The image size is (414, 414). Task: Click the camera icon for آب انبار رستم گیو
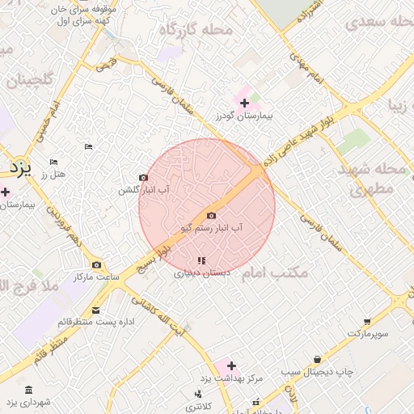[x=212, y=215]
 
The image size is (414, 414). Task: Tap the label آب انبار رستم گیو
[x=212, y=229]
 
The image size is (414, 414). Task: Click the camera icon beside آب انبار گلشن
[x=143, y=178]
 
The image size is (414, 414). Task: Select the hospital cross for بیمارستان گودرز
[x=244, y=103]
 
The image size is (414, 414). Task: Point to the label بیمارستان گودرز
[x=245, y=116]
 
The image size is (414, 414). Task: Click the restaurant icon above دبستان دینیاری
[x=201, y=260]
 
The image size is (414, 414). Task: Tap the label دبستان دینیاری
[x=202, y=273]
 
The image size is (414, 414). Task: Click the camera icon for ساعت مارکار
[x=97, y=264]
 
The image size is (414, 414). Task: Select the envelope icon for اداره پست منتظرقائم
[x=96, y=310]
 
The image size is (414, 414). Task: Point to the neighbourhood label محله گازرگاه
[x=195, y=30]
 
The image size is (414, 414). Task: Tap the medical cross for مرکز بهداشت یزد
[x=231, y=365]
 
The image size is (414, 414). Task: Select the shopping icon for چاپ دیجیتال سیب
[x=317, y=359]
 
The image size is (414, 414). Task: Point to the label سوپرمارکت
[x=369, y=333]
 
